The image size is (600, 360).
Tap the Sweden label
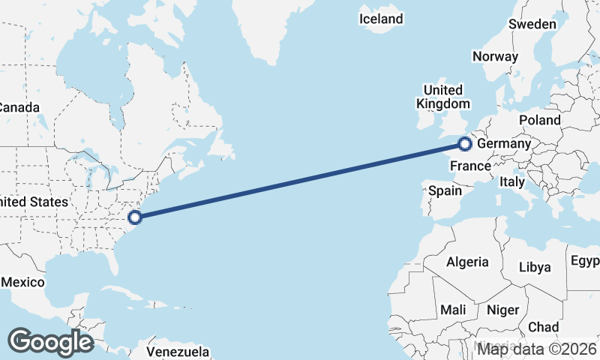[x=532, y=24]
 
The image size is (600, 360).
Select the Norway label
[x=495, y=56]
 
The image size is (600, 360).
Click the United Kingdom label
[x=443, y=97]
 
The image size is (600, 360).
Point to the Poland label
[x=539, y=120]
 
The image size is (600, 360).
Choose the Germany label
[x=504, y=143]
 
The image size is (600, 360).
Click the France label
[x=471, y=166]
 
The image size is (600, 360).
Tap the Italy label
[x=512, y=181]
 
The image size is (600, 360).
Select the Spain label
[x=445, y=190]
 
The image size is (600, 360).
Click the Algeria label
[x=467, y=262]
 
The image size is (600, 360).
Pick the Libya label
[x=535, y=267]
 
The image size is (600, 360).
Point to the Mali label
[x=454, y=310]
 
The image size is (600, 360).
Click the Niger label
[x=502, y=310]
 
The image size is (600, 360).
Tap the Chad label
[x=543, y=327]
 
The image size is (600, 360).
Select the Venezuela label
[x=178, y=351]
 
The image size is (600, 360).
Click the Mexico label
[x=22, y=282]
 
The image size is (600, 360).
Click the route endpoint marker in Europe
[x=465, y=143]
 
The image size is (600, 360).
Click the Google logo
[x=50, y=342]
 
